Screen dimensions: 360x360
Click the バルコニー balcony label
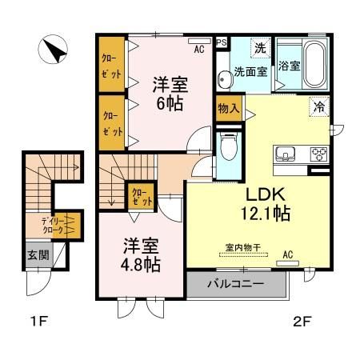click(x=236, y=284)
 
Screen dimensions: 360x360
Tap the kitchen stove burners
click(x=319, y=154)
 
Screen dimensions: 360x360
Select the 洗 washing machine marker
click(x=260, y=48)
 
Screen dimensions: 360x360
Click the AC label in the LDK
click(x=287, y=256)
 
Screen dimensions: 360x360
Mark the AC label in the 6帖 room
click(x=198, y=47)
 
